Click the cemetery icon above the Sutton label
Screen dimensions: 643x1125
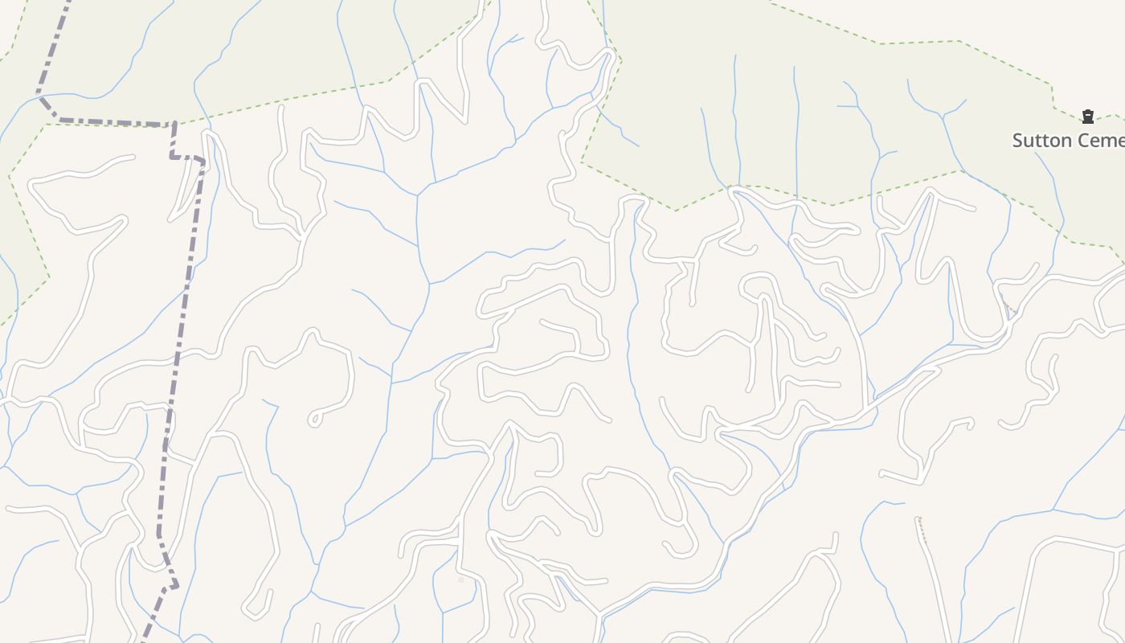click(1088, 117)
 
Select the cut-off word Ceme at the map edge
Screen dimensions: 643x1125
click(1102, 141)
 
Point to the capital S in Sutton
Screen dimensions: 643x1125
click(1018, 141)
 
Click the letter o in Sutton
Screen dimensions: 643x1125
click(1052, 141)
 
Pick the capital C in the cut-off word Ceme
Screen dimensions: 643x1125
click(1084, 141)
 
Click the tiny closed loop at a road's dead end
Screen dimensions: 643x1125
click(315, 419)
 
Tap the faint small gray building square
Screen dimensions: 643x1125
click(461, 579)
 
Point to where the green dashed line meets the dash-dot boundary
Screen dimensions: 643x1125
click(174, 124)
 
